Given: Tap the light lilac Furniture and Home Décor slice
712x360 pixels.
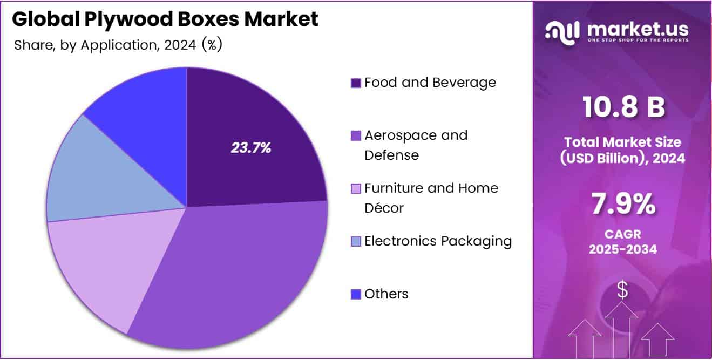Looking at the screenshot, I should (x=97, y=264).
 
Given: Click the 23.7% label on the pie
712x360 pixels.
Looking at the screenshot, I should (x=250, y=148).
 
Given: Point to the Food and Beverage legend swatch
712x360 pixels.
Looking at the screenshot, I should (x=356, y=83).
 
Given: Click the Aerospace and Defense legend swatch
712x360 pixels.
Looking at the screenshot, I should (x=356, y=135).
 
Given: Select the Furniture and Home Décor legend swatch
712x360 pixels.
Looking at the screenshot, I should (x=356, y=189).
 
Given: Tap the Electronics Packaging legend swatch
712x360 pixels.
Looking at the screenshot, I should (x=356, y=241).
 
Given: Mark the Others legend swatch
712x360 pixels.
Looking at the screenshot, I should (x=356, y=294).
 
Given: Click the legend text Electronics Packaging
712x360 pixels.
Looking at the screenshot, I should (x=438, y=241).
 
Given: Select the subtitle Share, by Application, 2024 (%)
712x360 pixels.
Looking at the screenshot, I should (x=118, y=45).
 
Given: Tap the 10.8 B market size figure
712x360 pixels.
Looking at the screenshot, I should (x=622, y=108).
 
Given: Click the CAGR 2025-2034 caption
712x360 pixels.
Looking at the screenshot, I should (x=622, y=242).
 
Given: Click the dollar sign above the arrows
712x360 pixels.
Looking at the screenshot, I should (x=622, y=290).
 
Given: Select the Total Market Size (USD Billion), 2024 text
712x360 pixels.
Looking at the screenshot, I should (x=622, y=150).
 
